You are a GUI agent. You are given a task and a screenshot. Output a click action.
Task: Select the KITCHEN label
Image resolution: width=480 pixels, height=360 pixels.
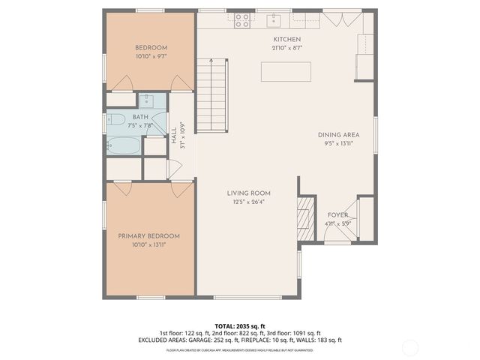[286, 39]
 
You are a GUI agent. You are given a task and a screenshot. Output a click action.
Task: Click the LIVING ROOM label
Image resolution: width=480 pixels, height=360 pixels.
[249, 193]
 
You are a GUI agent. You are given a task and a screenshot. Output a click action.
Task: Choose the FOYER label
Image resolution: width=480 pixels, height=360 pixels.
[337, 214]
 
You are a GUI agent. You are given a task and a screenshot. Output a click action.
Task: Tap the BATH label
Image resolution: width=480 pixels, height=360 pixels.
[140, 117]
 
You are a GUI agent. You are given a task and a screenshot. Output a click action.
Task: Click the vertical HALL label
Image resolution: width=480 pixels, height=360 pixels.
[174, 135]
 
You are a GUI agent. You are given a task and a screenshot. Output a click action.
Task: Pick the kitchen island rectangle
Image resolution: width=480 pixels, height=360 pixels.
[286, 71]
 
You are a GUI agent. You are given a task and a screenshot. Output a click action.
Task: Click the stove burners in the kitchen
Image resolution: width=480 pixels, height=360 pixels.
[242, 20]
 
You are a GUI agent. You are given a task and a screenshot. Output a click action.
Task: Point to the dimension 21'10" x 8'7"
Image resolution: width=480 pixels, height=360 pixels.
[286, 48]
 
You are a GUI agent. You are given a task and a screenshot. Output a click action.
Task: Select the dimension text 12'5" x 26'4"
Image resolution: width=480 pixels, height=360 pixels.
[249, 201]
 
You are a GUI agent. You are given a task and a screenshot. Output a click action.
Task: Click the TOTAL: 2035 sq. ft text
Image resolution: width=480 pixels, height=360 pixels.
[239, 325]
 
